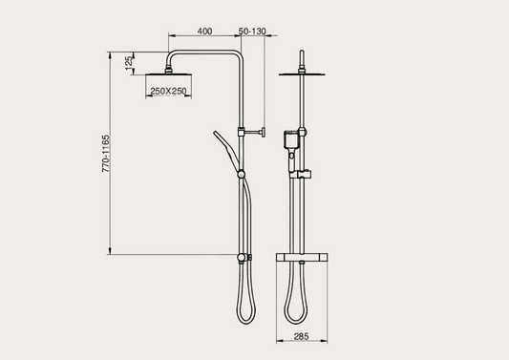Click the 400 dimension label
click(x=203, y=32)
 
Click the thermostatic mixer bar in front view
click(x=302, y=258)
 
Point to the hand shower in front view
click(x=289, y=143)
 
